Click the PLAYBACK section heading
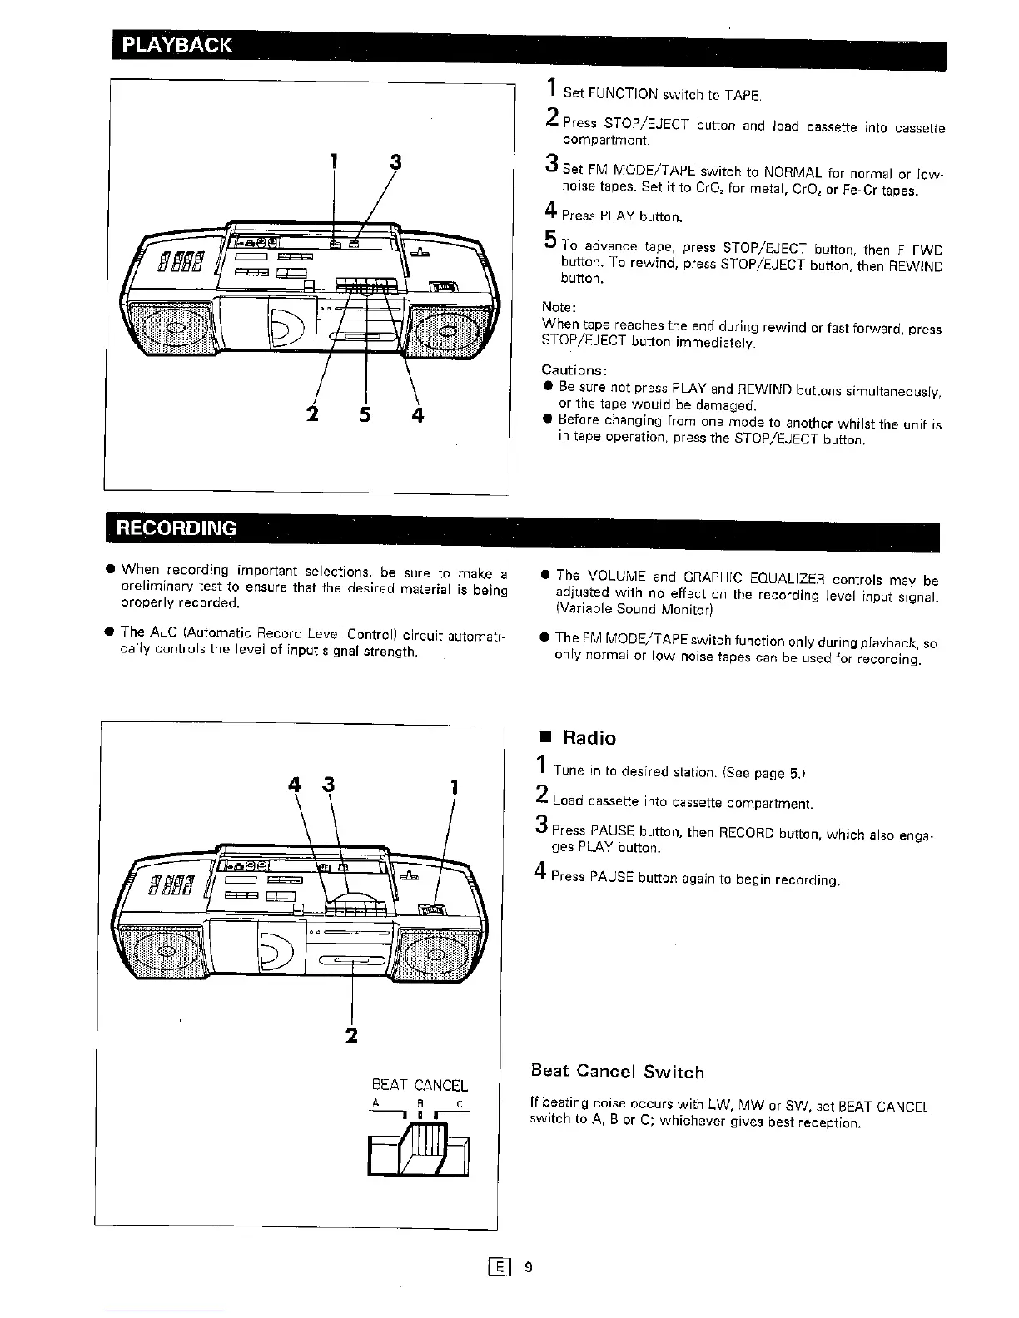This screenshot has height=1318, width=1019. [177, 45]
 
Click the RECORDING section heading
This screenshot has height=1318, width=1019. [176, 528]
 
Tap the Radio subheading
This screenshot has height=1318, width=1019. [589, 738]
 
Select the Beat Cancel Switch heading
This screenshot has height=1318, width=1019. [617, 1072]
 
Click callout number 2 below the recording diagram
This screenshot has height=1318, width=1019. [351, 1035]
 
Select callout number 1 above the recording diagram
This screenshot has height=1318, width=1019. [454, 786]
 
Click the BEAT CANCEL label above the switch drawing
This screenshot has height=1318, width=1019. [419, 1085]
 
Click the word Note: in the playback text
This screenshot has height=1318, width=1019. [559, 307]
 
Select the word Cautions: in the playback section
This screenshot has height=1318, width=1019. [574, 369]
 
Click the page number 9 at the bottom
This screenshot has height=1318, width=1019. [527, 1267]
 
